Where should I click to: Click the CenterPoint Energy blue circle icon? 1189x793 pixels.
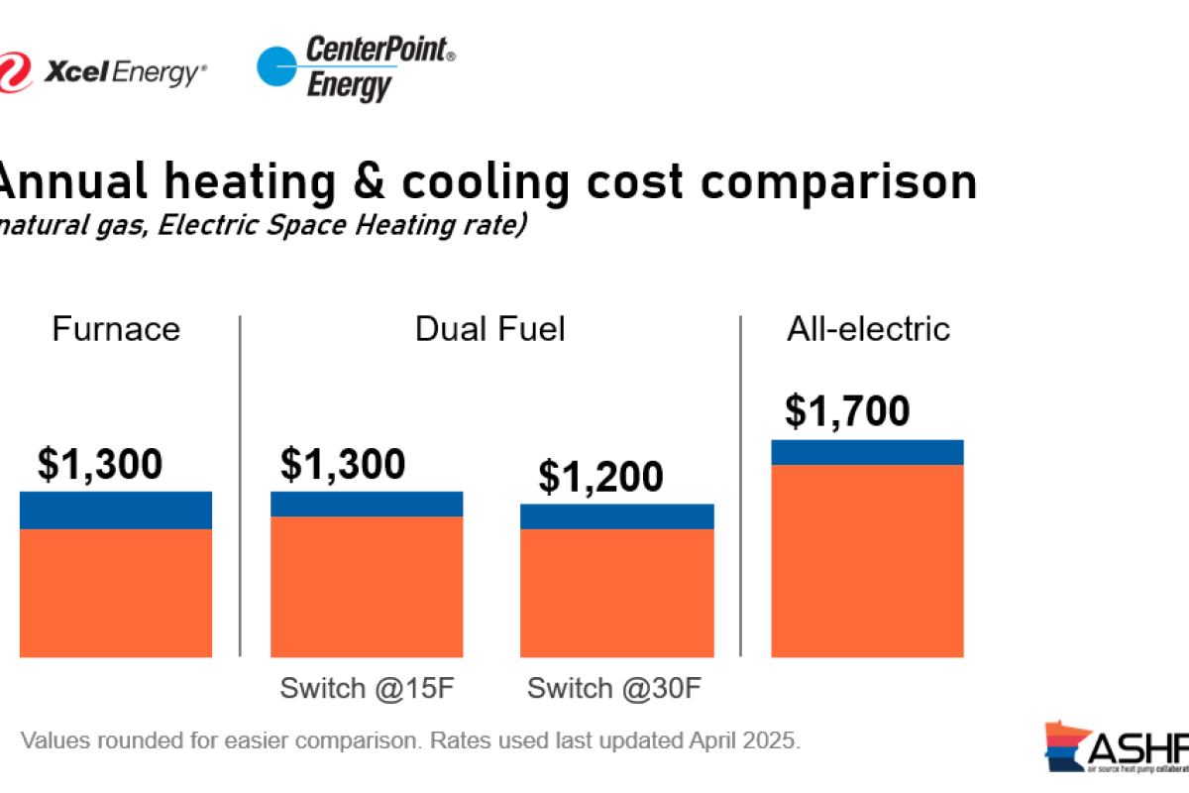click(279, 67)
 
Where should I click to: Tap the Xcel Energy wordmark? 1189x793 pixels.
click(124, 70)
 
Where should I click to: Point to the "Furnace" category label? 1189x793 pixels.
click(116, 329)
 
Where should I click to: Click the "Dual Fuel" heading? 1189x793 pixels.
click(489, 329)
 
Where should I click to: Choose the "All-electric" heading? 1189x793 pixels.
click(868, 329)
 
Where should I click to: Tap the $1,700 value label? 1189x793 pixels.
click(847, 410)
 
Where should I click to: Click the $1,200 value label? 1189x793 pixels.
click(600, 477)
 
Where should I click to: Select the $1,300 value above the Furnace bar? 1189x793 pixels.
click(100, 464)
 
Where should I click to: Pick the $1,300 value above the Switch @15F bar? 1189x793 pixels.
click(343, 464)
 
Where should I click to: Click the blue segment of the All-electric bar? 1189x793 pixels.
click(867, 452)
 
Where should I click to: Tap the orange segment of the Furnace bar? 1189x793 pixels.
click(116, 592)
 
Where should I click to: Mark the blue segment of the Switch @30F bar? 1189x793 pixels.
click(616, 516)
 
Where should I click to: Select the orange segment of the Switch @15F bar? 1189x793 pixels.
click(367, 586)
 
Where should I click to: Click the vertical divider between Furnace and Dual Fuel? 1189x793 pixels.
click(241, 486)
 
